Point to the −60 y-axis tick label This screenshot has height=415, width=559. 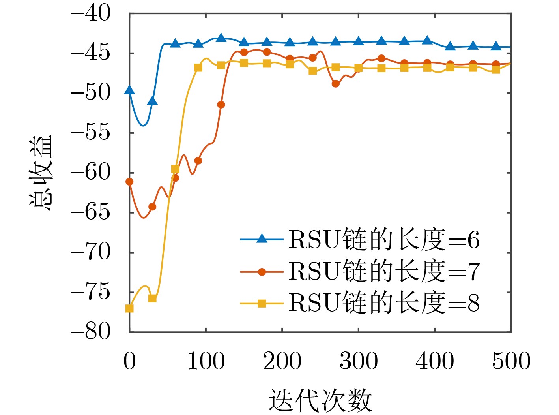pyautogui.click(x=91, y=173)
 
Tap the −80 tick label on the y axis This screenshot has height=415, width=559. pyautogui.click(x=91, y=331)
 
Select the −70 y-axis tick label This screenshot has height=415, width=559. pyautogui.click(x=91, y=252)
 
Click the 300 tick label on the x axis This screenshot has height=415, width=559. pyautogui.click(x=359, y=361)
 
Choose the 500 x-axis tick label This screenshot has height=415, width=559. pyautogui.click(x=511, y=361)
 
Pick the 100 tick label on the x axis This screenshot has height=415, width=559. pyautogui.click(x=206, y=361)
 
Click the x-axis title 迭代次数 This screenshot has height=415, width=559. pyautogui.click(x=320, y=400)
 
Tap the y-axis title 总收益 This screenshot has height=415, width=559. pyautogui.click(x=41, y=173)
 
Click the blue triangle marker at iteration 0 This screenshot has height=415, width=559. pyautogui.click(x=129, y=90)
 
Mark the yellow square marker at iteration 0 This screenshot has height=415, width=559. pyautogui.click(x=129, y=308)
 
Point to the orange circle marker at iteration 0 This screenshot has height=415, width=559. pyautogui.click(x=129, y=182)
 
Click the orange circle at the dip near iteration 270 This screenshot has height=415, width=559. pyautogui.click(x=335, y=84)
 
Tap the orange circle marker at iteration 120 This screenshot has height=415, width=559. pyautogui.click(x=221, y=105)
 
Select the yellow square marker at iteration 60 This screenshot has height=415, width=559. pyautogui.click(x=175, y=169)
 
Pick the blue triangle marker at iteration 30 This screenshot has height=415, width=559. pyautogui.click(x=152, y=101)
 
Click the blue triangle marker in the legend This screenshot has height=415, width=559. pyautogui.click(x=262, y=238)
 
